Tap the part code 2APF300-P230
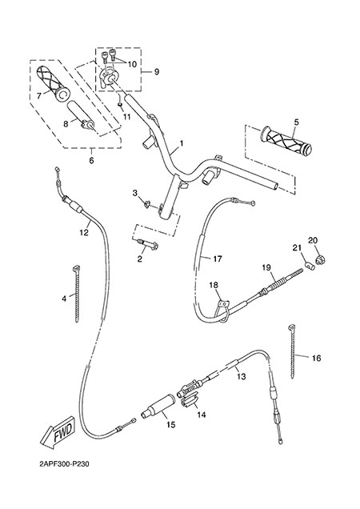pos(63,464)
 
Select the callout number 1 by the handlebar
pos(182,142)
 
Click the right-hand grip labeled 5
pos(286,141)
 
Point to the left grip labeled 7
pos(52,82)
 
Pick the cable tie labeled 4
pos(77,293)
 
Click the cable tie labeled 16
pos(292,351)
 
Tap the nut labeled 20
pos(320,259)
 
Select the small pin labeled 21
pos(310,267)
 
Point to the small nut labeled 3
pos(146,204)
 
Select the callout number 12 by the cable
pos(84,233)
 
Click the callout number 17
pos(218,259)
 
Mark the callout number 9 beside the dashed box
pos(157,71)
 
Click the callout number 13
pos(241,377)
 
